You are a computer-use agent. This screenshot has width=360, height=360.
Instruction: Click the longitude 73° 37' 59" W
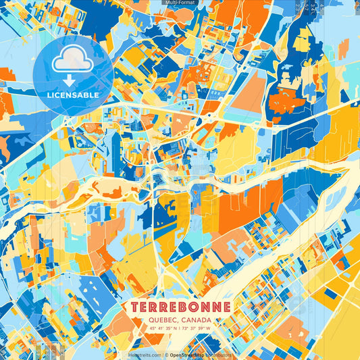tap(198, 329)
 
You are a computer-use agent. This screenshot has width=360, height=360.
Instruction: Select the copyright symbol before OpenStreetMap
tap(166, 355)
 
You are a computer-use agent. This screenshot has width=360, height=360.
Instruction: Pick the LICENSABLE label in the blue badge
tap(73, 95)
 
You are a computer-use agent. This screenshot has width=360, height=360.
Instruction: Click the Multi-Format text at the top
tap(179, 3)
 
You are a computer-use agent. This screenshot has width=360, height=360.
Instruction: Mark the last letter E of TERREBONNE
tap(227, 307)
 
